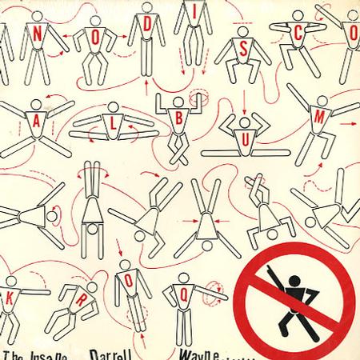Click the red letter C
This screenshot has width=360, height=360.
pos(298,36)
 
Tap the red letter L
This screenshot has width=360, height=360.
pos(104,125)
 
